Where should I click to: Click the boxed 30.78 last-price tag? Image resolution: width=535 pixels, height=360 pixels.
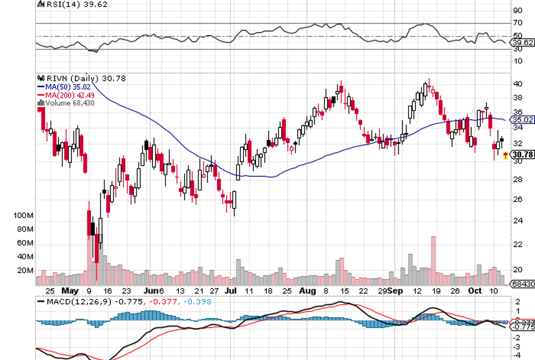coord(522,154)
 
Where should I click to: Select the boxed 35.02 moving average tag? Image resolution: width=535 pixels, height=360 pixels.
coord(522,120)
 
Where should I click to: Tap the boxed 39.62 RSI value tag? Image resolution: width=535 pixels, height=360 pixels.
coord(522,42)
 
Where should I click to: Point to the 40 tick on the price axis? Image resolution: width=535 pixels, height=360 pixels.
coord(518,84)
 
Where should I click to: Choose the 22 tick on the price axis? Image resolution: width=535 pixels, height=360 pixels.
coord(518,245)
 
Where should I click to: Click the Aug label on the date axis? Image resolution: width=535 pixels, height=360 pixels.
coord(307,291)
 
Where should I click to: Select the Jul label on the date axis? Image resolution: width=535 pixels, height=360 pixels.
coord(230,291)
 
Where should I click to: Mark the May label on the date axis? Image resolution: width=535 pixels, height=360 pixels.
coord(70,291)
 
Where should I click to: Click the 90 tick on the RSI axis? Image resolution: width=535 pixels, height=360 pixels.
coord(518,10)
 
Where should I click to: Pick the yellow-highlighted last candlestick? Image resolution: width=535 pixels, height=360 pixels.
coord(506,155)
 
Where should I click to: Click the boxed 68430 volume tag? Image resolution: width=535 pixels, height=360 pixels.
coord(522,284)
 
